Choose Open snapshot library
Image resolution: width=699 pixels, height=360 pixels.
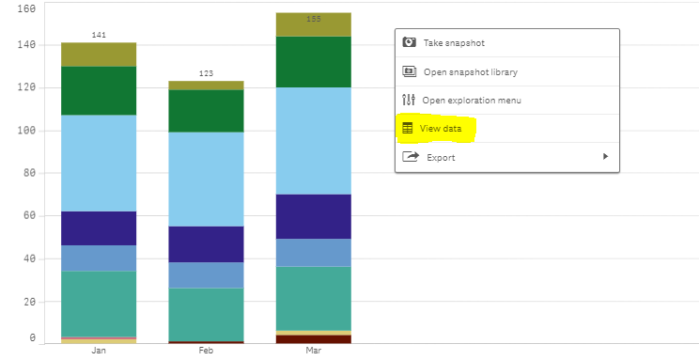click(x=470, y=71)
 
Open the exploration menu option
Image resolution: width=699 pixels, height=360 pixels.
click(x=471, y=100)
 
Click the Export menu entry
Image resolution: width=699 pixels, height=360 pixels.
click(x=441, y=157)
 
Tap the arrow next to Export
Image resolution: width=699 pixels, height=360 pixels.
click(x=605, y=157)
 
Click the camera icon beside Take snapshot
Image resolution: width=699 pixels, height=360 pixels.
click(x=409, y=43)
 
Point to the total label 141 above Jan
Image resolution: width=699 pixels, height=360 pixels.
click(x=99, y=35)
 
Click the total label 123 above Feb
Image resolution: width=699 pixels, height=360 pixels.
click(x=206, y=73)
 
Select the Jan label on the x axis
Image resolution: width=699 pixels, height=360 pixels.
click(x=99, y=351)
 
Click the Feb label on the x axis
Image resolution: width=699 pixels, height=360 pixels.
click(x=206, y=351)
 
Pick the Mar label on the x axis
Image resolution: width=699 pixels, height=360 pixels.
click(x=313, y=351)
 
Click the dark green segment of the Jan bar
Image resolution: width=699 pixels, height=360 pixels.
click(x=99, y=90)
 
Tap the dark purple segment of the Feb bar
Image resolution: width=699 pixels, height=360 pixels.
click(x=206, y=243)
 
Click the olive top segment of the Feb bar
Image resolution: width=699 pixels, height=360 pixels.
click(x=206, y=85)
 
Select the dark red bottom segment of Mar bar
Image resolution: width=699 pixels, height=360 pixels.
click(x=313, y=338)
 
